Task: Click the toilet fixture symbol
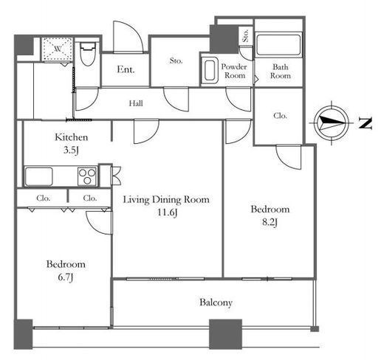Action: (x=88, y=54)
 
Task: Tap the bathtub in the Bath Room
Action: (x=278, y=45)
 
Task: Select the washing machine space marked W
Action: (x=58, y=49)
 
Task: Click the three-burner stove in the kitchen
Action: (x=87, y=176)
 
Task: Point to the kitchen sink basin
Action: (x=39, y=176)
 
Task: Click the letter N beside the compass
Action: (x=365, y=122)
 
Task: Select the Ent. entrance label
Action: (x=126, y=69)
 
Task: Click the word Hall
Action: (x=136, y=103)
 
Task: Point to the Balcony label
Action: (x=216, y=302)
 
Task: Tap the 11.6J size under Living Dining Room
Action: (x=167, y=212)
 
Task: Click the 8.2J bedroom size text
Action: (x=270, y=222)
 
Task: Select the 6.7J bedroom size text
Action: (x=66, y=277)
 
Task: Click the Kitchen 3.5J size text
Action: (x=71, y=150)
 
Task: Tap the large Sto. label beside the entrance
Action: (x=176, y=60)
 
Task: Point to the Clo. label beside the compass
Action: (x=280, y=116)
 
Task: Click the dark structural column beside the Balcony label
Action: (x=225, y=334)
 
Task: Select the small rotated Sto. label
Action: (x=245, y=36)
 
